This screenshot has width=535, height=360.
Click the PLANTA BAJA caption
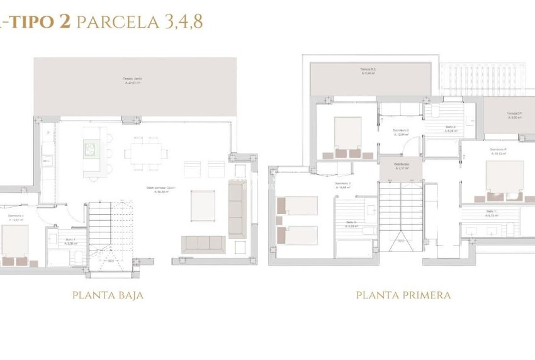pos(108,295)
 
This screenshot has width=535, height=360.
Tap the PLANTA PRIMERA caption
pos(403,295)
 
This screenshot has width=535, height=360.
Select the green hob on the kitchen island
pos(91,149)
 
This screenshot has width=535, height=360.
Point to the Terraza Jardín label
pos(133,81)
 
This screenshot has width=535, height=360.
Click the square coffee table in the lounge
pos(203,206)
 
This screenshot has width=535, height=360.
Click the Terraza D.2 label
pos(368,71)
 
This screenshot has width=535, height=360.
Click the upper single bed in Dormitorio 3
pos(298,205)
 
